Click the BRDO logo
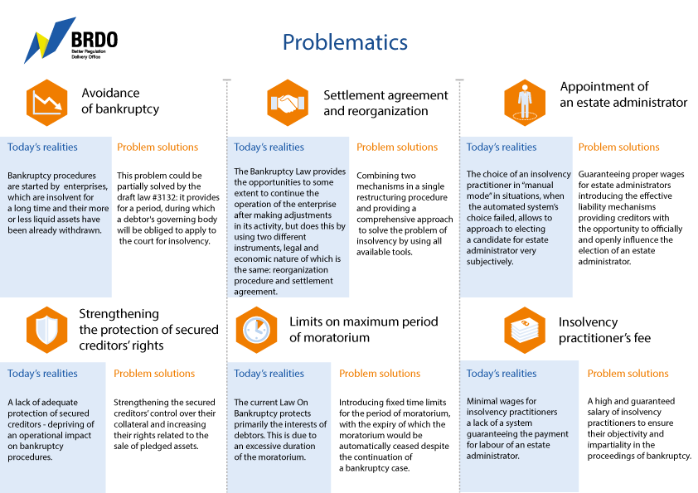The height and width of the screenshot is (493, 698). [x=70, y=41]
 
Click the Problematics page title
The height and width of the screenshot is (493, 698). [x=345, y=43]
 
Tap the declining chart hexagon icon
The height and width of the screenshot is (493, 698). [x=46, y=103]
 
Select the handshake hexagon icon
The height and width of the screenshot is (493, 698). [x=288, y=103]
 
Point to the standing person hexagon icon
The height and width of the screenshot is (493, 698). [x=525, y=103]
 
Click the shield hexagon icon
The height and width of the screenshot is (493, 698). [x=46, y=330]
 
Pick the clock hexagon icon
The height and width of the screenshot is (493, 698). [x=256, y=330]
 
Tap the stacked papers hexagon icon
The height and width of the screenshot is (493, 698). [x=525, y=330]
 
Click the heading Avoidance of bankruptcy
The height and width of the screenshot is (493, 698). [x=120, y=101]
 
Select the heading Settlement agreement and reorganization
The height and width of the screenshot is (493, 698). [x=385, y=104]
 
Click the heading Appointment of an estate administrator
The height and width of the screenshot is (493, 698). [x=623, y=94]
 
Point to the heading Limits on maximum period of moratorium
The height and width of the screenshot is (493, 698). [x=364, y=330]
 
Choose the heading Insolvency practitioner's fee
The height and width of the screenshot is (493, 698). [x=604, y=330]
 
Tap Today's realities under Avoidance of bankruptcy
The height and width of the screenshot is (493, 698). [x=42, y=147]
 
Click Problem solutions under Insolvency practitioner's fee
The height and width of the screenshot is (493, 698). [x=628, y=374]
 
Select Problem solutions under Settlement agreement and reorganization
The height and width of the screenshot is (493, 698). [x=397, y=147]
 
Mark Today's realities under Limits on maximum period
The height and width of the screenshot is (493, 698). [x=269, y=374]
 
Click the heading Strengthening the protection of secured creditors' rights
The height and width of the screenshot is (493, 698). [x=148, y=330]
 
